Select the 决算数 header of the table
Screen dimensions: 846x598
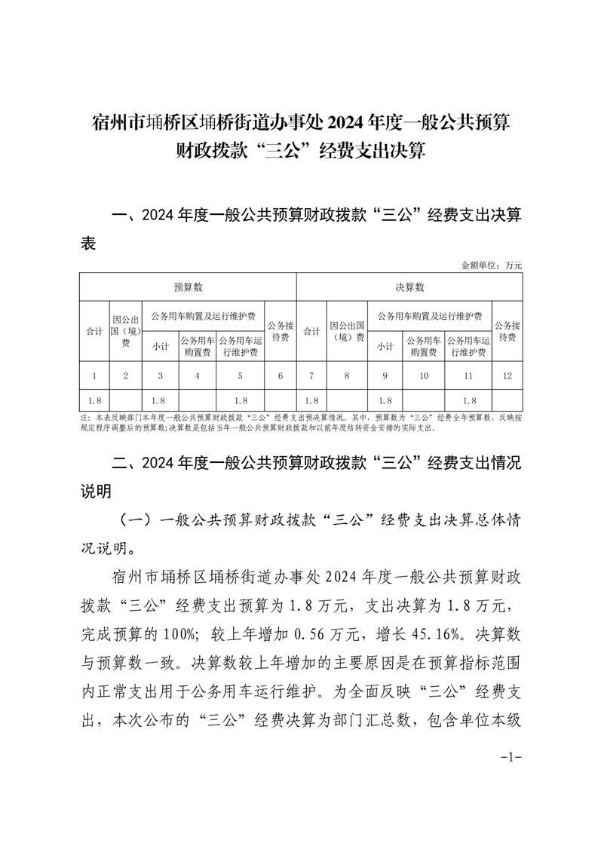click(x=409, y=287)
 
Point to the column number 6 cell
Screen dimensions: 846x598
click(x=281, y=375)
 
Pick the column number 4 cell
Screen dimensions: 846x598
click(x=197, y=375)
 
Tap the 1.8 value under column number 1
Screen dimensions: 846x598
click(x=94, y=400)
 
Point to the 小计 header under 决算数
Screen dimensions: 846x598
click(x=385, y=346)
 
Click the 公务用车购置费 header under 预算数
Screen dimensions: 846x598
click(x=197, y=346)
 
